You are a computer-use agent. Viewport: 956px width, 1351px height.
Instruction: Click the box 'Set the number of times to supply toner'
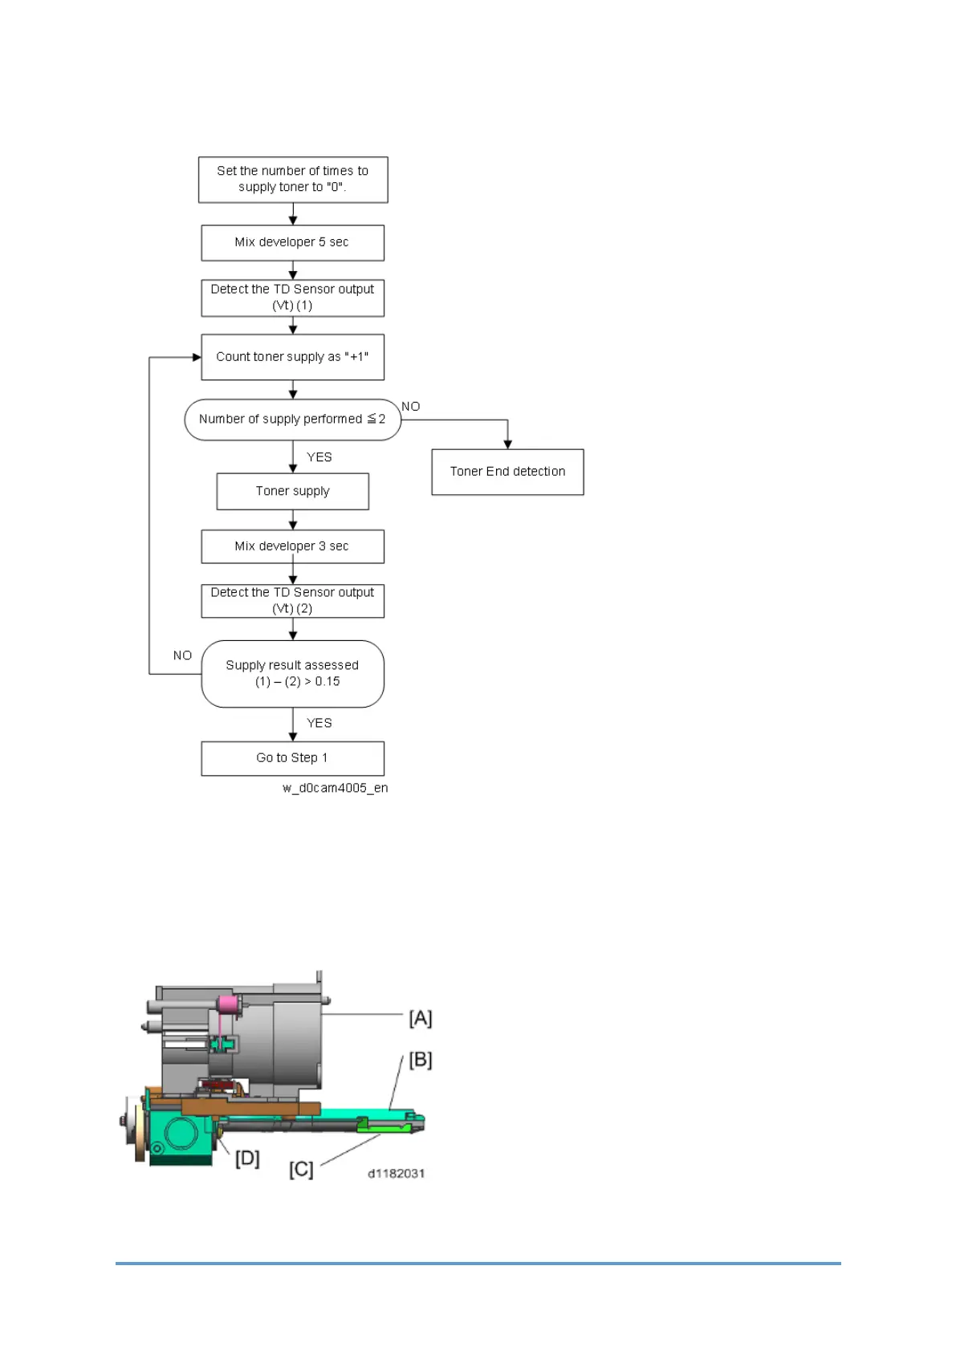click(293, 180)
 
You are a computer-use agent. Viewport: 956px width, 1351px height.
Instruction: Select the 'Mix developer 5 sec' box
click(292, 242)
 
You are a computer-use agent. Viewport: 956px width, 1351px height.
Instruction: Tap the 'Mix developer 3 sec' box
click(292, 546)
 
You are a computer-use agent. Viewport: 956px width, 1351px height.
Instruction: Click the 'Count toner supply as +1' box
click(292, 357)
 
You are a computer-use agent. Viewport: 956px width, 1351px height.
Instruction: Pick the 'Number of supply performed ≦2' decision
click(292, 420)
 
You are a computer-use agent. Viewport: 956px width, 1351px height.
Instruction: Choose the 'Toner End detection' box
click(507, 472)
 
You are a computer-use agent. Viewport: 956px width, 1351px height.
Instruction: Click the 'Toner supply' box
click(292, 491)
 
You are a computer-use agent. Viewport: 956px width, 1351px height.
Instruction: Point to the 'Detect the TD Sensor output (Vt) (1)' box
click(292, 298)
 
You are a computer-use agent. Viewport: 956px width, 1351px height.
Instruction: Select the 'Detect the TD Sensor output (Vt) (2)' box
click(292, 601)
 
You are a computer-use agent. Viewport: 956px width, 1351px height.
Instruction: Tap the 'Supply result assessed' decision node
click(292, 674)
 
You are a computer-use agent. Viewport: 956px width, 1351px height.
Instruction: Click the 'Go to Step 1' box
click(292, 758)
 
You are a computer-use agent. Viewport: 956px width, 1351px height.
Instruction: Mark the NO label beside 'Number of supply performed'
click(411, 407)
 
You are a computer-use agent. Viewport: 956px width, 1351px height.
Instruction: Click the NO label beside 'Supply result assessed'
click(183, 655)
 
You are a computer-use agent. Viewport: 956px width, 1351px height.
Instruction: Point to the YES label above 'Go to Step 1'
click(319, 723)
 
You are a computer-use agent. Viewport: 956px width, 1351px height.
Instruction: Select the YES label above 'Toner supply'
click(319, 457)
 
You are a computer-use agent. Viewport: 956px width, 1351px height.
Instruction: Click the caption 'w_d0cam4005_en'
click(336, 788)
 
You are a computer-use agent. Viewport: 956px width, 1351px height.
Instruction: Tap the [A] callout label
click(421, 1018)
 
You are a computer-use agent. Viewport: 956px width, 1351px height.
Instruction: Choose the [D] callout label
click(247, 1158)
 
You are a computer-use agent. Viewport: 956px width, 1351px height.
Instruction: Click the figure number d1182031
click(397, 1173)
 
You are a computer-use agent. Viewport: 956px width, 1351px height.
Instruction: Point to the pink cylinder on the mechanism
click(228, 1004)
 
